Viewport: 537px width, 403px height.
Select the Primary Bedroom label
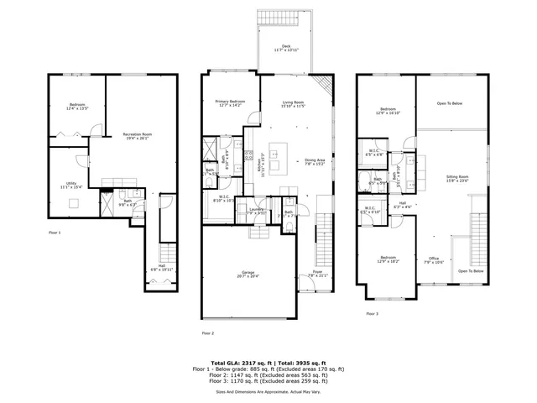coord(229,103)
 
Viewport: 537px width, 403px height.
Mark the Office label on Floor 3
coord(434,259)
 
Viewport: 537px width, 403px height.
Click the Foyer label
coord(318,273)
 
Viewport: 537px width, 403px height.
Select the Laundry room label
coord(256,211)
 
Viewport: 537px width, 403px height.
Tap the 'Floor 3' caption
coord(372,313)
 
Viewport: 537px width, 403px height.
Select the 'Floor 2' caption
coord(208,333)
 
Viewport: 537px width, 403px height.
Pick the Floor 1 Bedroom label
coord(77,106)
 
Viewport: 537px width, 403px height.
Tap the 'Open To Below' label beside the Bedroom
coord(452,105)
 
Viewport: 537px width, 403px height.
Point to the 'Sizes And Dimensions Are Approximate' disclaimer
coord(268,391)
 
